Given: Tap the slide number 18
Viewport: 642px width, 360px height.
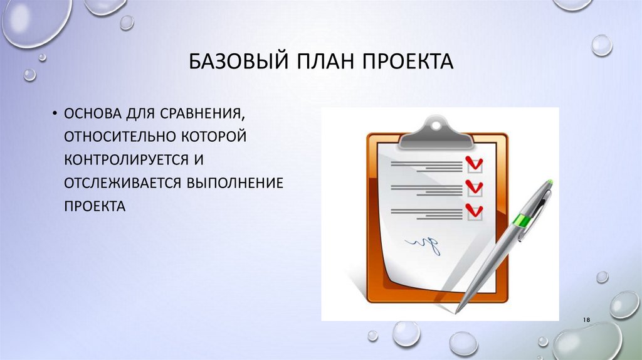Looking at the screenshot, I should click(x=587, y=320).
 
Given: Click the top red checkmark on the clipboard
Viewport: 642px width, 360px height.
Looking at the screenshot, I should click(x=475, y=164).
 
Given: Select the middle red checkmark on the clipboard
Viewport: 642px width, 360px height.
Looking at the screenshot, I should click(x=475, y=187).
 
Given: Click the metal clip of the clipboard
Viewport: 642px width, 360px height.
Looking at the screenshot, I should click(x=436, y=128).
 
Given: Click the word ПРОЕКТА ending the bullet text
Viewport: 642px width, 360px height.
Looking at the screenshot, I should click(x=94, y=206).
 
